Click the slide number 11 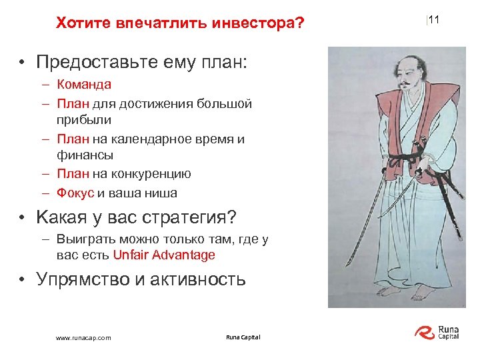(x=434, y=21)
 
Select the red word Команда (x=84, y=85)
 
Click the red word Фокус (x=75, y=193)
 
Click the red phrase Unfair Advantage (x=164, y=255)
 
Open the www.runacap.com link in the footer (x=83, y=338)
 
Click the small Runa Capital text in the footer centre (x=243, y=337)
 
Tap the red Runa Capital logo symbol (x=425, y=332)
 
